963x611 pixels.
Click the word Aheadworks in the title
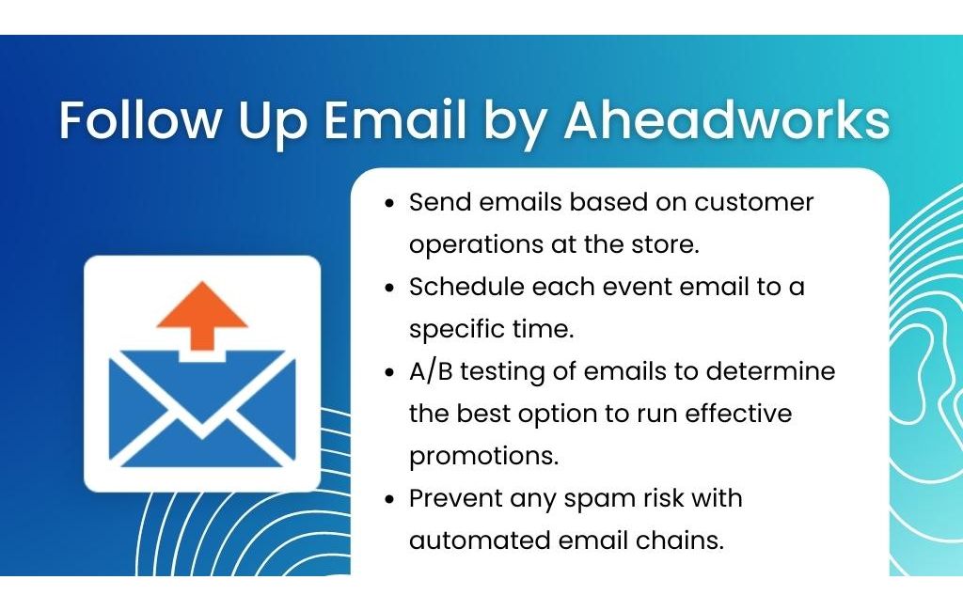pos(727,119)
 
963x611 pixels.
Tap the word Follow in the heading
pos(140,119)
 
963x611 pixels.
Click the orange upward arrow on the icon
pos(202,316)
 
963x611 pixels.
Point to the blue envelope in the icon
pos(202,408)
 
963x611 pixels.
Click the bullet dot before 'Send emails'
pos(389,203)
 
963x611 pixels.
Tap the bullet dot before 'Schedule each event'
pos(389,288)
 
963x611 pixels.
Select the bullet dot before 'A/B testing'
pos(389,373)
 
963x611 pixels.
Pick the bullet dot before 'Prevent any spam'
pos(389,499)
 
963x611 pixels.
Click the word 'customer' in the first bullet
pos(753,202)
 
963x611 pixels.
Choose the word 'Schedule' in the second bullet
pos(466,287)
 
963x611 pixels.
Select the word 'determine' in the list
pos(771,371)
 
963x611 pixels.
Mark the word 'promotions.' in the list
pos(484,456)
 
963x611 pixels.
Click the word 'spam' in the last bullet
pos(599,499)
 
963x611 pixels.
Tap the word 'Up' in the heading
pos(273,121)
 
